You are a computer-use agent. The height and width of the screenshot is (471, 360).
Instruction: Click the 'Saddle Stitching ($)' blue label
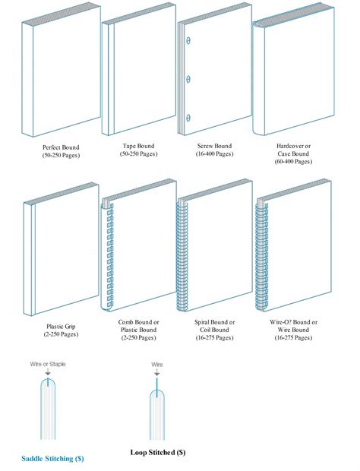tap(52, 459)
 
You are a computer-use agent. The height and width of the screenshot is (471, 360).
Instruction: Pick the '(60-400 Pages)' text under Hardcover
tap(293, 161)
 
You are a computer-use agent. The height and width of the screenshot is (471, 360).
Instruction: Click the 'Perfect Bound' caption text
tap(61, 147)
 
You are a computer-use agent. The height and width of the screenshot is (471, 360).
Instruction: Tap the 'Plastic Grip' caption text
tap(61, 327)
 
